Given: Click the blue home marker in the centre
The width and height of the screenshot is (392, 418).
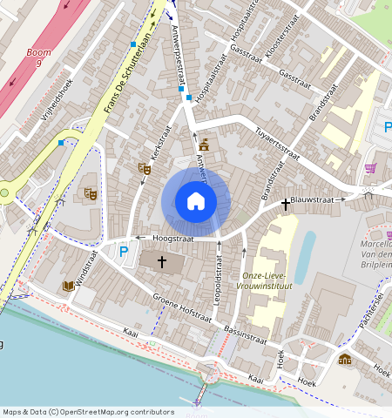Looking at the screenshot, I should (196, 202).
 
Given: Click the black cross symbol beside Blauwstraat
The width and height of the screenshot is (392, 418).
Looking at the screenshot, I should (285, 203).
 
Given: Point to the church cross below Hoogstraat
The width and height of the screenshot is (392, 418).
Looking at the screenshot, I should (161, 261).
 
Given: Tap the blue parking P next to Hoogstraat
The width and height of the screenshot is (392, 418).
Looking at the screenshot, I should (124, 252).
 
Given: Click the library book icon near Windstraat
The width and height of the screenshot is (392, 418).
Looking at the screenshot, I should (68, 286).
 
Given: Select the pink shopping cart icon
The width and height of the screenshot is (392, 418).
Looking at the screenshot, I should (370, 168).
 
